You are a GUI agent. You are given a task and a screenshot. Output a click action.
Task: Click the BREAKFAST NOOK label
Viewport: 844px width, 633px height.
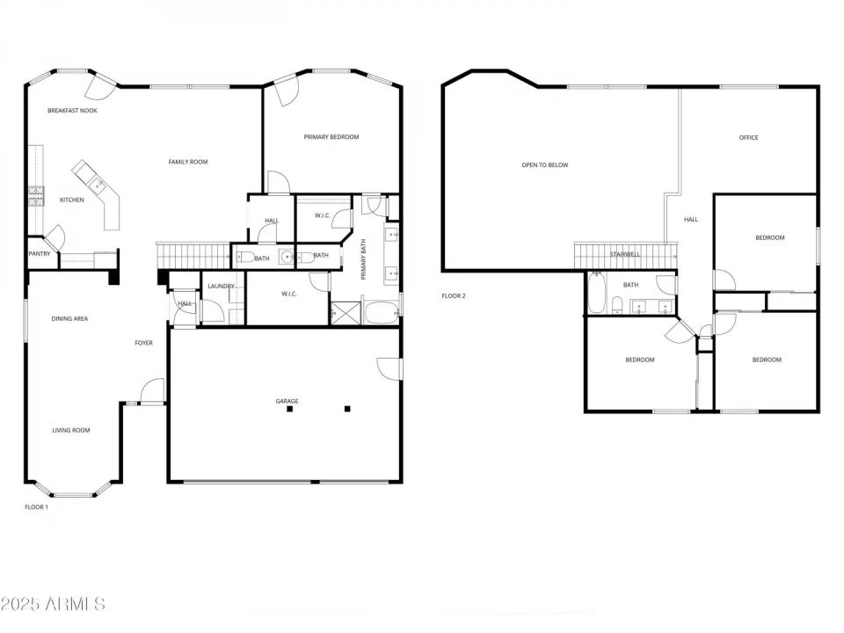(x=72, y=111)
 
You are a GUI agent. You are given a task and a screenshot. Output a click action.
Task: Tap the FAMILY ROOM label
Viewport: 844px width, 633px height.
(x=188, y=162)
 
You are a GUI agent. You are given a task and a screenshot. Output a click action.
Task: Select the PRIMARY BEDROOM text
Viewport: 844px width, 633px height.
(x=331, y=137)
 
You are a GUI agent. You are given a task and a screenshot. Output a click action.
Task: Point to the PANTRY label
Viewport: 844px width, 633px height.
(x=40, y=255)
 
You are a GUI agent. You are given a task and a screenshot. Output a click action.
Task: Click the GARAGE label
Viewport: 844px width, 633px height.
(x=287, y=402)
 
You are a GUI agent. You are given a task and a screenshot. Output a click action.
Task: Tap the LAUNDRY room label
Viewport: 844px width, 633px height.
(x=221, y=287)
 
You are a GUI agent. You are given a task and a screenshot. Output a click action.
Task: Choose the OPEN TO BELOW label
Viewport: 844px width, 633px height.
(x=545, y=165)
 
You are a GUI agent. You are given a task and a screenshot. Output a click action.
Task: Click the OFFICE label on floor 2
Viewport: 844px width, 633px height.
(x=748, y=138)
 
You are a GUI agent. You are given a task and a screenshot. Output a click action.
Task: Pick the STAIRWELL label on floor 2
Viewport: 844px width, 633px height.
(x=625, y=255)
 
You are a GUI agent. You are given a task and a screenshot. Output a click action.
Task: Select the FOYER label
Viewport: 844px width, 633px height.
(x=143, y=343)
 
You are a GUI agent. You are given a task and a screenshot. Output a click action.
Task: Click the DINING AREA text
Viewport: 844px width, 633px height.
(x=69, y=319)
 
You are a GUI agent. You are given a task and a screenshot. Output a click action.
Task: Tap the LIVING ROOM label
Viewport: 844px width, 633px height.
(x=70, y=431)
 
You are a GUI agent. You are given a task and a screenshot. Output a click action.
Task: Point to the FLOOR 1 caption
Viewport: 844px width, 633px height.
(x=36, y=507)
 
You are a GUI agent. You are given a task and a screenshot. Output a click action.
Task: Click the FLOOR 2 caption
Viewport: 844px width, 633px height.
(x=454, y=296)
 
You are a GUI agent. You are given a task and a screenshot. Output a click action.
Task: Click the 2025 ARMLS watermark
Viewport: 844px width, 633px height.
(x=53, y=605)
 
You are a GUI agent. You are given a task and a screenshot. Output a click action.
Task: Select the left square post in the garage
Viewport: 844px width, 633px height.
(x=289, y=409)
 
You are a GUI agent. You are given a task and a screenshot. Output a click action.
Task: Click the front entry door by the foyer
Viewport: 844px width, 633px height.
(x=152, y=391)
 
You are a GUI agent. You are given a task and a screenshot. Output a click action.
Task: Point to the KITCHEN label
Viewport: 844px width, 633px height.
(x=72, y=200)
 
